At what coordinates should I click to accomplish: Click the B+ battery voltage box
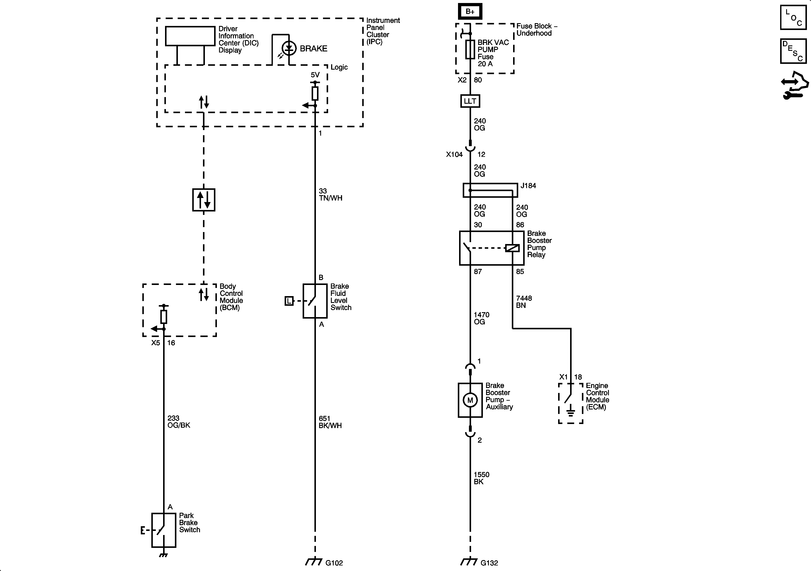[470, 12]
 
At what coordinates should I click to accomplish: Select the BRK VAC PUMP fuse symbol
[470, 49]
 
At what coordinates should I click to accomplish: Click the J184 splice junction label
[528, 186]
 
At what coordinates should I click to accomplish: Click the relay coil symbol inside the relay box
[512, 248]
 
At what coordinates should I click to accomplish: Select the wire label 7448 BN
[523, 301]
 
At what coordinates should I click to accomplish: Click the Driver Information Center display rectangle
[190, 36]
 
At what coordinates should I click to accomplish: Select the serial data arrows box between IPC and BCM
[204, 200]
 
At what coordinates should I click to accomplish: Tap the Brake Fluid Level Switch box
[315, 301]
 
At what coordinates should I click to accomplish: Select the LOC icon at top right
[793, 17]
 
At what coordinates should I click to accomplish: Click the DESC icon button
[793, 51]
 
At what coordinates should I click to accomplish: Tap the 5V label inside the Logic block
[315, 75]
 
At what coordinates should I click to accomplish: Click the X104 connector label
[454, 154]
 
